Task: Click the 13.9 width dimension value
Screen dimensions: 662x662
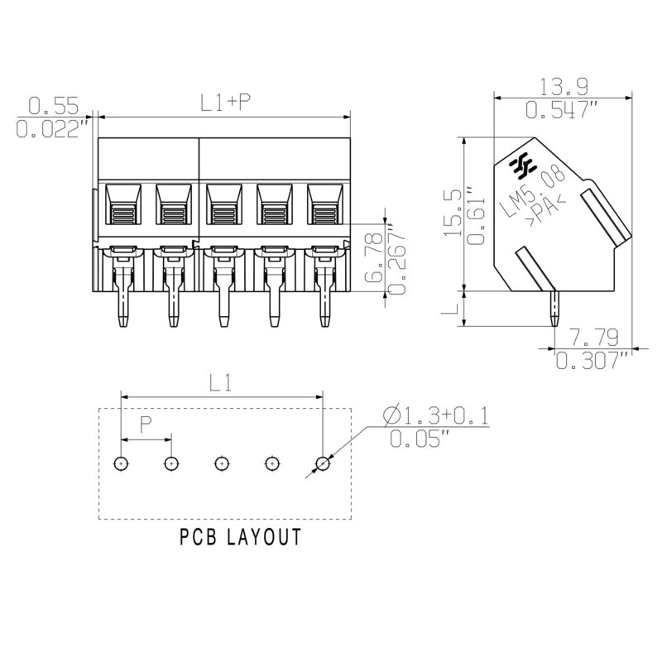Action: click(553, 86)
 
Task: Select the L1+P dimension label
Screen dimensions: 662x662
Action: click(225, 103)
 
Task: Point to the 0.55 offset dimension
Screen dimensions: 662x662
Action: click(53, 105)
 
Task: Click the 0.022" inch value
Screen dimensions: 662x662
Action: click(53, 129)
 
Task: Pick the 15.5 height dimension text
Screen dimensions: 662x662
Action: click(452, 213)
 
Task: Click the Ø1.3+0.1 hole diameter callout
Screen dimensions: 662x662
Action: click(436, 415)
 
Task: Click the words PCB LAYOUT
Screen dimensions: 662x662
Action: click(240, 537)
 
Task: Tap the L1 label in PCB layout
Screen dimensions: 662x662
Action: click(220, 383)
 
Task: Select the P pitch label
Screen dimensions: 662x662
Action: click(146, 425)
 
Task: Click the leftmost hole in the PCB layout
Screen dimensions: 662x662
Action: click(121, 463)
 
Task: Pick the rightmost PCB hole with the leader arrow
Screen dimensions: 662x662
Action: click(323, 463)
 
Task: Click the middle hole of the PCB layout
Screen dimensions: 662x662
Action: click(222, 463)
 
